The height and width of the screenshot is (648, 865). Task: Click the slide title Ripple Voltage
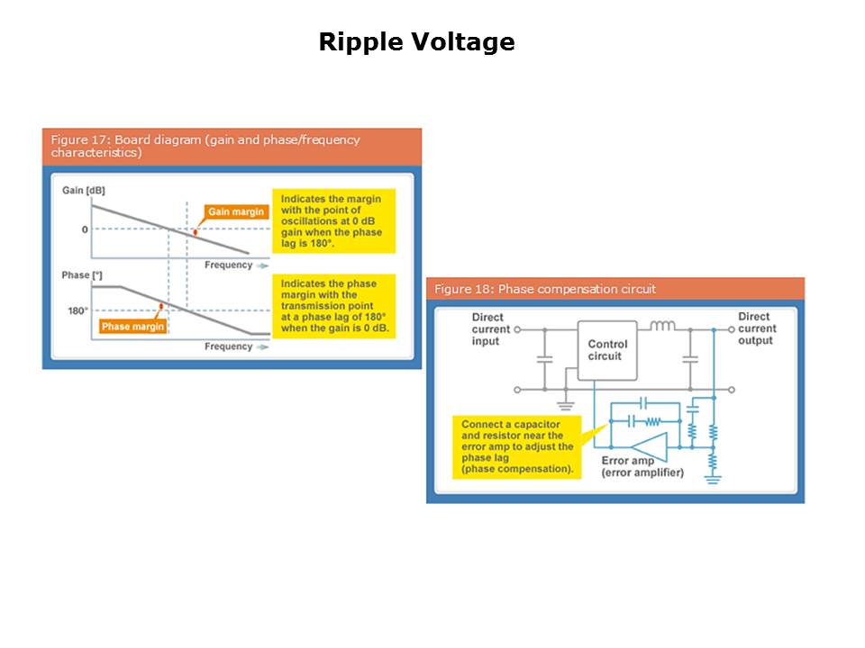(416, 42)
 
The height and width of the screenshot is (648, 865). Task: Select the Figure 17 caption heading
(205, 146)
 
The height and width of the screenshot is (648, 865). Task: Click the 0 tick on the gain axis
(85, 229)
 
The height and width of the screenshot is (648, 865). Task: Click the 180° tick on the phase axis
(77, 310)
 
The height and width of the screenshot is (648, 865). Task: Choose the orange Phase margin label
(132, 327)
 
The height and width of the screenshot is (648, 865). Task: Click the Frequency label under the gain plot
(229, 265)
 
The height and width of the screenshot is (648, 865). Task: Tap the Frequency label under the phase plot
(229, 346)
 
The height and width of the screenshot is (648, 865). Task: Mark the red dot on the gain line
(196, 232)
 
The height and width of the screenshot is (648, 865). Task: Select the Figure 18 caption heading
(545, 289)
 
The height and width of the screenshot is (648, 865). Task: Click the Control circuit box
(607, 350)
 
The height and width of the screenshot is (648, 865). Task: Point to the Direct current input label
(491, 329)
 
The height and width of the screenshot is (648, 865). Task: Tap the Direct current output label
(755, 328)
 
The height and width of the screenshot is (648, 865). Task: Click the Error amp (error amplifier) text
(642, 467)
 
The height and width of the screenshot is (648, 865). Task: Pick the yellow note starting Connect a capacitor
(517, 446)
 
